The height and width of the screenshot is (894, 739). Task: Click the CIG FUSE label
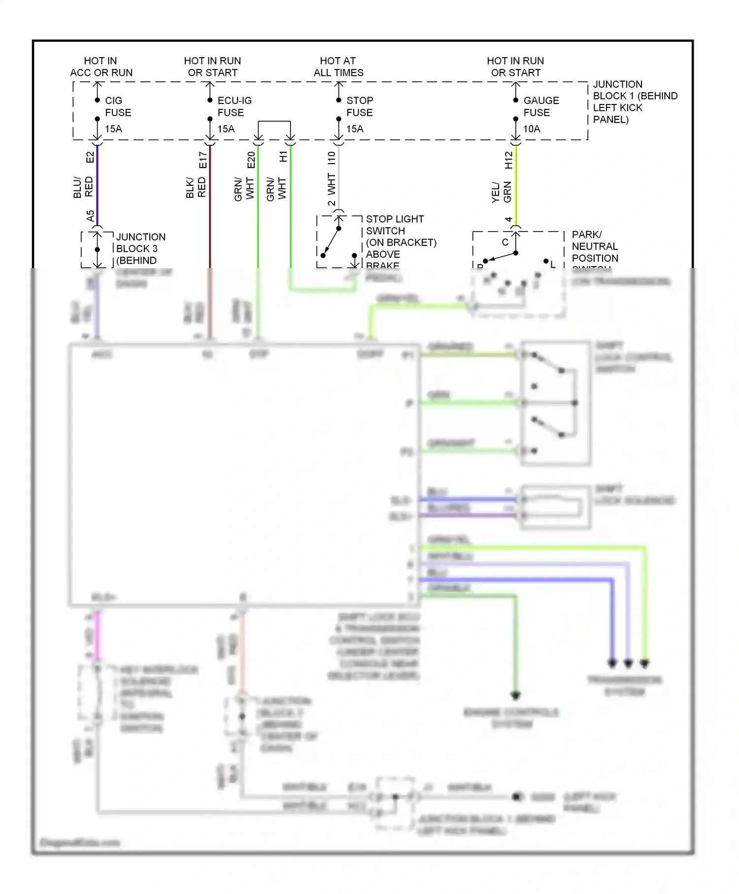point(118,106)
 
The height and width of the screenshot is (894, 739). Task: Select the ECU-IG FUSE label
point(234,106)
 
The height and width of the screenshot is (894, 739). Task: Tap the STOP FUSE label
point(359,106)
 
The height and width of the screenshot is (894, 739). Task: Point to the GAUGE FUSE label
point(540,106)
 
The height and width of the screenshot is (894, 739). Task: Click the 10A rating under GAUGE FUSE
point(531,129)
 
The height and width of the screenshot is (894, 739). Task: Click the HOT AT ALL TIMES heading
point(338,67)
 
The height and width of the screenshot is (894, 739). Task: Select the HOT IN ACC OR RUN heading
point(101,67)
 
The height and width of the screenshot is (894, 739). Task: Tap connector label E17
point(203,160)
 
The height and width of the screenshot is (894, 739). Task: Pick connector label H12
point(509,160)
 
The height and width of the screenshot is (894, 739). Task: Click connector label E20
point(251,160)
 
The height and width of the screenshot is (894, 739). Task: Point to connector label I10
point(332,158)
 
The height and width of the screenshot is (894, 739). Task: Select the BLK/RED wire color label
point(196,187)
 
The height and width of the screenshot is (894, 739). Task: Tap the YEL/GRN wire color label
point(502,192)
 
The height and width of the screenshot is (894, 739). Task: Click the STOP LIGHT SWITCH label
point(394,225)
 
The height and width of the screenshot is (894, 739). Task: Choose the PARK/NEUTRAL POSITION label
point(594,246)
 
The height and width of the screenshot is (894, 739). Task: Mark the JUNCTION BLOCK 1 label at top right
point(635,102)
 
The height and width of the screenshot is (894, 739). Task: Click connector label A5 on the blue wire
point(90,216)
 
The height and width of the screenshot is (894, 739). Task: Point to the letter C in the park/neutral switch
point(504,242)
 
